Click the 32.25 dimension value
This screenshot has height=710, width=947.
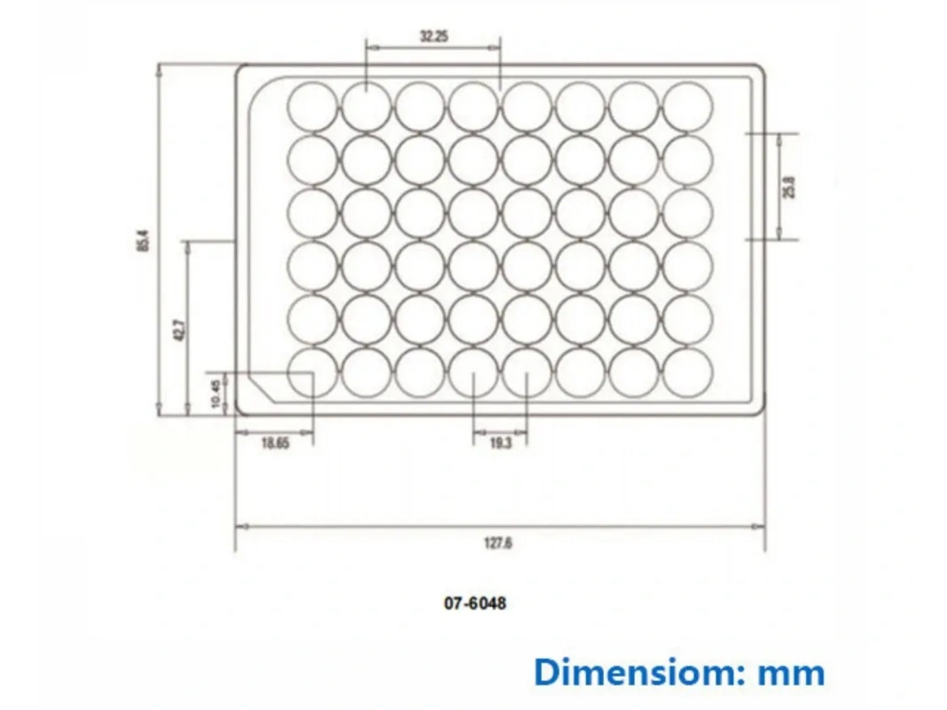[433, 37]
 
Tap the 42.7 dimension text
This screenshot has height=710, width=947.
[180, 329]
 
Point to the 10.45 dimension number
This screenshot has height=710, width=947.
[215, 393]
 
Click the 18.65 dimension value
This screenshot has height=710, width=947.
[275, 443]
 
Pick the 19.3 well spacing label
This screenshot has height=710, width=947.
[500, 443]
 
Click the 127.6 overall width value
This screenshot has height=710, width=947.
[498, 543]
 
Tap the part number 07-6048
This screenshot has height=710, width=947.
[475, 604]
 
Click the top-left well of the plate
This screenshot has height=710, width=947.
[313, 106]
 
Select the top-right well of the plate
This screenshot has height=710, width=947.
[687, 106]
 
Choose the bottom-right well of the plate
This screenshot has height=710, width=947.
[687, 372]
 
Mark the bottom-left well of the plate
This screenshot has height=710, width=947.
[313, 372]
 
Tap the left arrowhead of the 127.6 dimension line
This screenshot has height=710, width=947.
[239, 526]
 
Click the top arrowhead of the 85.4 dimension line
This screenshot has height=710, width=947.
[158, 68]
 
